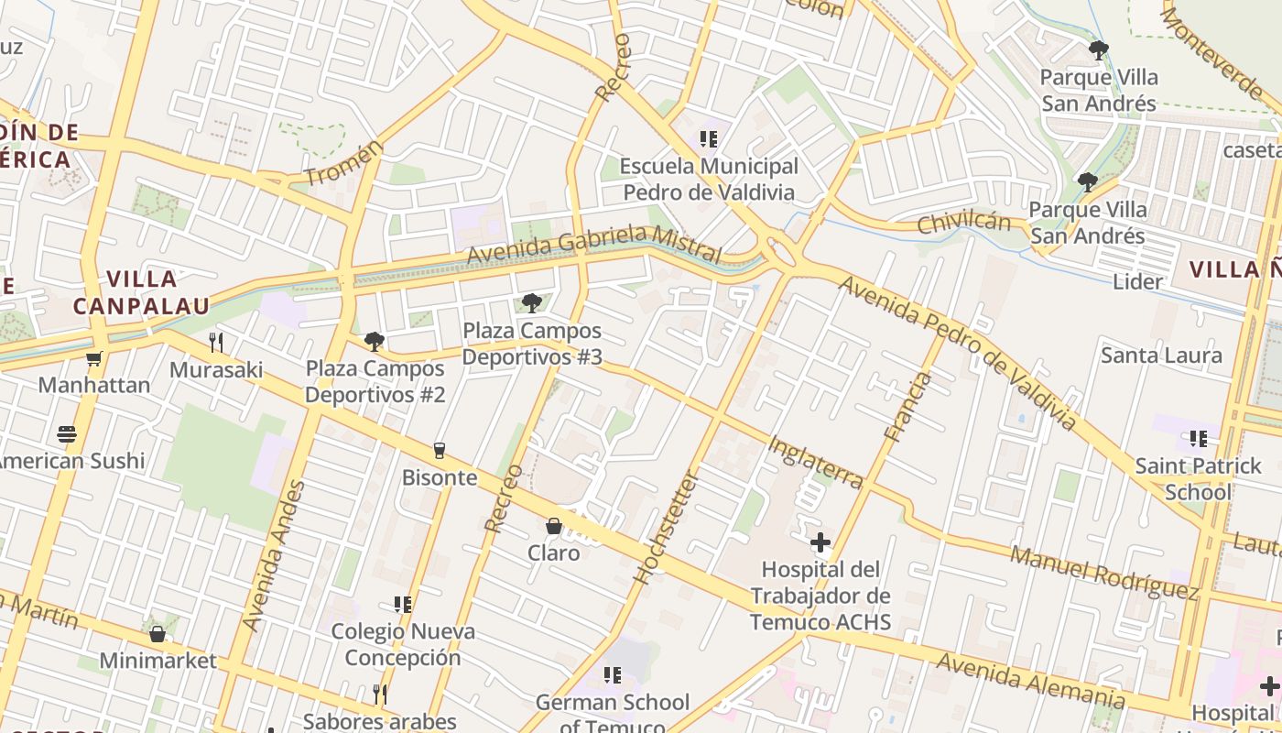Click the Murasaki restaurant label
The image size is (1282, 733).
coord(216,370)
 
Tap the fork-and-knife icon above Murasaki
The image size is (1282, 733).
coord(216,343)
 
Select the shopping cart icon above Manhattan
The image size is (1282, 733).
coord(93,358)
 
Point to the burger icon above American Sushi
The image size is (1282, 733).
coord(66,433)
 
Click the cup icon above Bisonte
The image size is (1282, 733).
coord(440,450)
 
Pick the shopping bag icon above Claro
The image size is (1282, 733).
coord(553,526)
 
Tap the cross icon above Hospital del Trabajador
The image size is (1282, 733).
coord(820,542)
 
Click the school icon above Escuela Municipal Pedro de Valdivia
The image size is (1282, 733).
coord(708,139)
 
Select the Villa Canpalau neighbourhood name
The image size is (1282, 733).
coord(141,292)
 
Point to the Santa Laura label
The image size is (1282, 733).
coord(1161,355)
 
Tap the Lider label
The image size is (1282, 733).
coord(1137,281)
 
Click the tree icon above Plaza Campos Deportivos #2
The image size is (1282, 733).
coord(374,342)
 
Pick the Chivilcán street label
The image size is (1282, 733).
coord(963,223)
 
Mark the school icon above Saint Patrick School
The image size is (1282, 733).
coord(1198,439)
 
